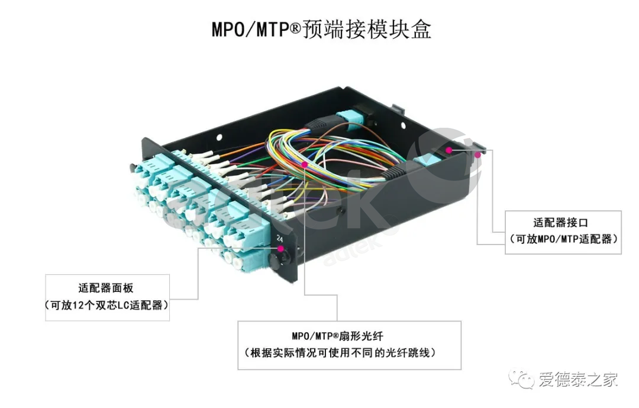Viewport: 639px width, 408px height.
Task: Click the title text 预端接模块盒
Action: [x=366, y=29]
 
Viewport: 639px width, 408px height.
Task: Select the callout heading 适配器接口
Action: [x=563, y=223]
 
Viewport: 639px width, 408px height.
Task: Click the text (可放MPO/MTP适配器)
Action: [x=563, y=239]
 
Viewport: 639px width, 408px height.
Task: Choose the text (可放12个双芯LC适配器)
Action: [x=106, y=306]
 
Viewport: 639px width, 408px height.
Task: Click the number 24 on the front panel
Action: [x=279, y=240]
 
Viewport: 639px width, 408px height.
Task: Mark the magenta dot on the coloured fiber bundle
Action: [x=304, y=164]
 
